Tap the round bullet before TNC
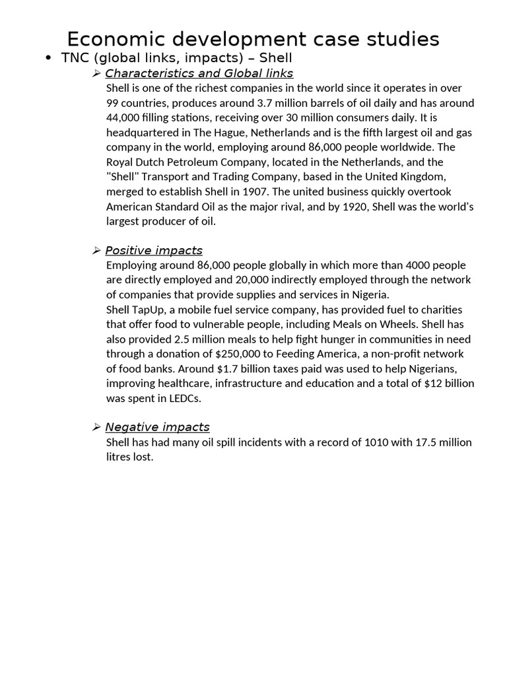[48, 58]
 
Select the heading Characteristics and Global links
[199, 73]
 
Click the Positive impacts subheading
[153, 251]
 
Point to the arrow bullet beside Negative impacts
[96, 427]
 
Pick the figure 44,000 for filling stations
[123, 118]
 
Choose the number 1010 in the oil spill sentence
[376, 442]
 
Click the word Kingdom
[422, 177]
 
